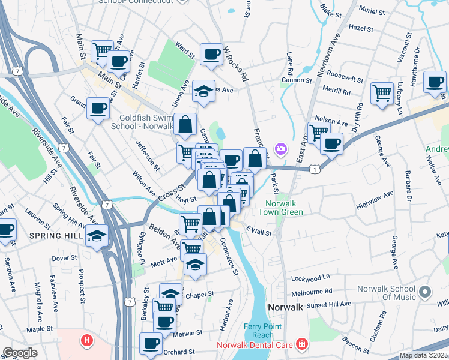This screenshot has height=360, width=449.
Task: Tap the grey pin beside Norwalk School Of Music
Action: [x=426, y=292]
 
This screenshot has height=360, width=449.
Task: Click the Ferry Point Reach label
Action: [x=259, y=330]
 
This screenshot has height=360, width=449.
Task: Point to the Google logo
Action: [x=20, y=353]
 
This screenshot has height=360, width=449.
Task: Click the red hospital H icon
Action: [x=87, y=341]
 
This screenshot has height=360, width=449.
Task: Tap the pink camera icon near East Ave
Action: [x=280, y=148]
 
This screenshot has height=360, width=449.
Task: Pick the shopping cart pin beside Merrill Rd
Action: [x=382, y=93]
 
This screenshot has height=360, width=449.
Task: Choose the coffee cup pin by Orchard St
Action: [x=151, y=343]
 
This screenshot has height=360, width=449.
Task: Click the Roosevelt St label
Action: [x=344, y=79]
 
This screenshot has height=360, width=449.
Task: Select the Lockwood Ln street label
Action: [x=310, y=278]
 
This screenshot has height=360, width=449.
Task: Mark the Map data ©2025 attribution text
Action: [x=424, y=355]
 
